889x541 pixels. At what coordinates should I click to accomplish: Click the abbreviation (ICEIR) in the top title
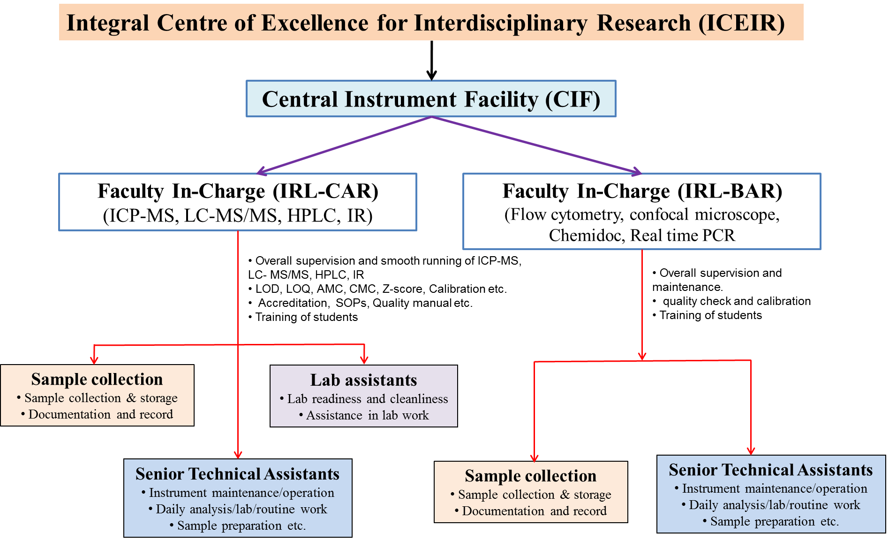click(742, 23)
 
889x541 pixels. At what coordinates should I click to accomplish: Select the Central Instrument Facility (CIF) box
click(431, 99)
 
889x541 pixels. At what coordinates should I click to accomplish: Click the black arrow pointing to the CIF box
click(431, 61)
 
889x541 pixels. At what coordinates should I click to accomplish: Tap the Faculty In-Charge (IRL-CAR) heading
click(238, 191)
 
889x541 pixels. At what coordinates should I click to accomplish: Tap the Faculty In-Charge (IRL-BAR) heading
click(642, 191)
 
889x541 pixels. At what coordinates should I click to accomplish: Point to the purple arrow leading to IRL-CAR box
click(344, 145)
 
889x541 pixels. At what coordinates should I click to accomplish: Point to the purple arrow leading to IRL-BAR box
click(536, 145)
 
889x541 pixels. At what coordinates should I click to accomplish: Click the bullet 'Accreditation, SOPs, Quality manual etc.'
click(361, 303)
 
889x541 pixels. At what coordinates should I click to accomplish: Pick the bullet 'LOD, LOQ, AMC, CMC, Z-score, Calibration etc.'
click(378, 289)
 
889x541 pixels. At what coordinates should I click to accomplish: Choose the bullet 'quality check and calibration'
click(732, 301)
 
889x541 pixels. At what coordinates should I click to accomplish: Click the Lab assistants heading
click(363, 380)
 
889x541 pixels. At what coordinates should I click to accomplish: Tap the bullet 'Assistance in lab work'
click(364, 415)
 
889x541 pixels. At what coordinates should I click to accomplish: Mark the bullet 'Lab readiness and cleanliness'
click(364, 399)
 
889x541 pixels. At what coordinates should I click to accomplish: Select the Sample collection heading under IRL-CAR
click(97, 379)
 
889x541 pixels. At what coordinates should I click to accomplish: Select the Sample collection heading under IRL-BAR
click(531, 476)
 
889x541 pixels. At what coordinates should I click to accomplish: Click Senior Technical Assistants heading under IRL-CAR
click(238, 474)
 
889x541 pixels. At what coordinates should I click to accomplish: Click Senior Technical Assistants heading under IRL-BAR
click(771, 470)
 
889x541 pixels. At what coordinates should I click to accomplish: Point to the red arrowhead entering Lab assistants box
click(364, 360)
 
